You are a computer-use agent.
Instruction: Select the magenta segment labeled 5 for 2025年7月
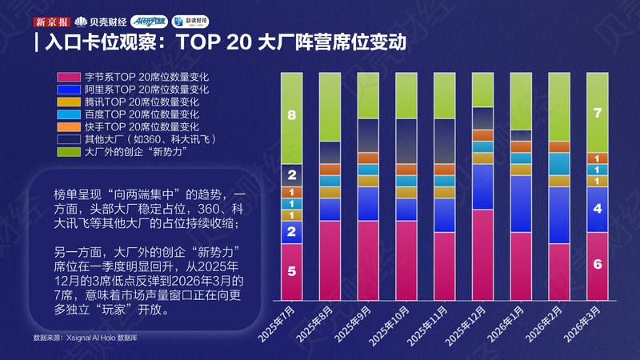(292, 271)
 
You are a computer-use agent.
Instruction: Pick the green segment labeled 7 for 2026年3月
(598, 112)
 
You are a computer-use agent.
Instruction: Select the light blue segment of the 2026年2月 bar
(559, 163)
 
